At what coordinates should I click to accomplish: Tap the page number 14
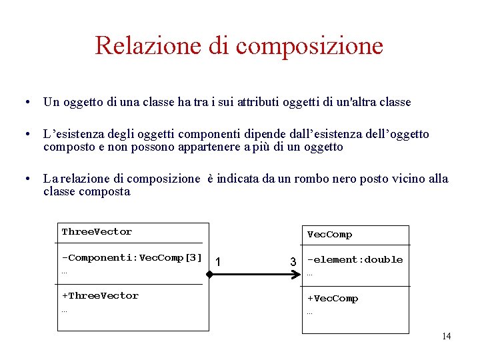coord(446,336)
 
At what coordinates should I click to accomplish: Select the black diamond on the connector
coord(210,273)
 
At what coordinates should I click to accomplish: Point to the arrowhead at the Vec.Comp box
coord(299,273)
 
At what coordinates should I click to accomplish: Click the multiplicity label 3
coord(293,261)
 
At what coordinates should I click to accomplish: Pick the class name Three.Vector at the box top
coord(97,232)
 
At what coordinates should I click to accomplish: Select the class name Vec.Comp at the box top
coord(329,235)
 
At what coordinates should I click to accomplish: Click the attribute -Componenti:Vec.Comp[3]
coord(131,257)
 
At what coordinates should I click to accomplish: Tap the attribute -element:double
coord(355,259)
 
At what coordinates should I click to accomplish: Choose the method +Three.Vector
coord(100,295)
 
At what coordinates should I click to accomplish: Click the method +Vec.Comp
coord(332,299)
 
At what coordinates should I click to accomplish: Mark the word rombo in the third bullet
coord(340,179)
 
